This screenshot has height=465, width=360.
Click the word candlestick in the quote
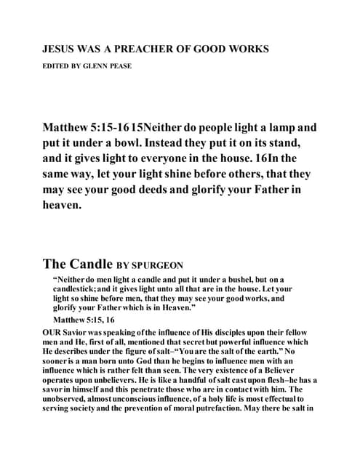pyautogui.click(x=79, y=289)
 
